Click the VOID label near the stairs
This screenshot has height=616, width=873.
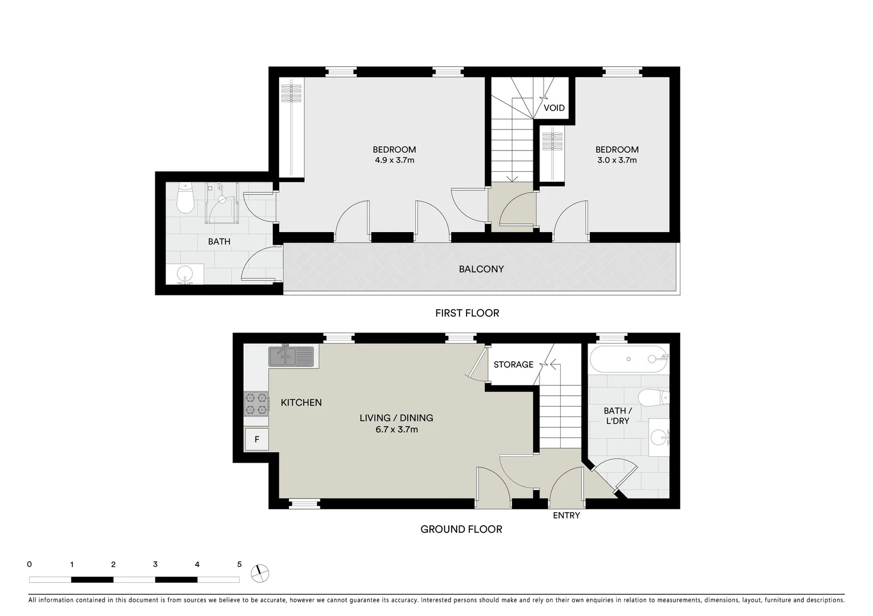[x=554, y=108]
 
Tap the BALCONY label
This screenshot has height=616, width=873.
[x=481, y=269]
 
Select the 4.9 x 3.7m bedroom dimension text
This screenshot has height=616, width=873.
[x=395, y=160]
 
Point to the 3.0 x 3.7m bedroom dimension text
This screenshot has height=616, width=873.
[x=617, y=160]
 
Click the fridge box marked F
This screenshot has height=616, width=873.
[x=257, y=440]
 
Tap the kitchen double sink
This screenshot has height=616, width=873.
[x=291, y=356]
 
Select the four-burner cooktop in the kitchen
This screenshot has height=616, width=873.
[x=256, y=403]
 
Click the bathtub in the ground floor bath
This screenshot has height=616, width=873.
[x=629, y=359]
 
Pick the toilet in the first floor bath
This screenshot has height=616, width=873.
[x=186, y=198]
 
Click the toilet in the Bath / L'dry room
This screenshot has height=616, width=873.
[x=654, y=396]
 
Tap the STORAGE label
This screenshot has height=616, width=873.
[x=513, y=364]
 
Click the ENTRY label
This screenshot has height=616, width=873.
[x=566, y=516]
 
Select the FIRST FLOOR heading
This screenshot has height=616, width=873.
[x=467, y=313]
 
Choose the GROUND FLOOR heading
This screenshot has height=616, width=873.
[x=461, y=529]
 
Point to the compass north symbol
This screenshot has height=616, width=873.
[x=260, y=573]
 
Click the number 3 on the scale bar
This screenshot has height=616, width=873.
[x=155, y=565]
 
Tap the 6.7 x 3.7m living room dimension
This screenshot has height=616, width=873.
[x=396, y=429]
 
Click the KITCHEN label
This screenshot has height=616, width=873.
[x=301, y=403]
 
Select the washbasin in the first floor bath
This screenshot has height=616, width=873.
[x=185, y=274]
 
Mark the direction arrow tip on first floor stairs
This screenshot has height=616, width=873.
[x=512, y=180]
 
